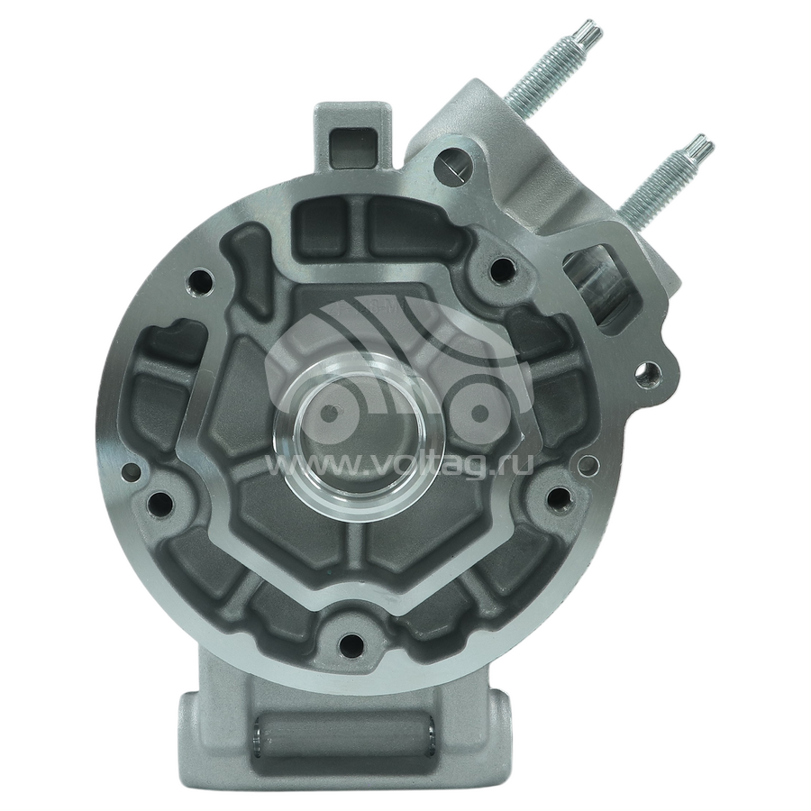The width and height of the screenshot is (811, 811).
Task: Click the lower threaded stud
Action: coord(665,177)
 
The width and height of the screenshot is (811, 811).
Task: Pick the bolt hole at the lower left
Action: coord(159,500)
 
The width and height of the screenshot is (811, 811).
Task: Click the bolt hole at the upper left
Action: coord(197,282)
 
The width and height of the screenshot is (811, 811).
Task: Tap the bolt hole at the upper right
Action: coord(502,269)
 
